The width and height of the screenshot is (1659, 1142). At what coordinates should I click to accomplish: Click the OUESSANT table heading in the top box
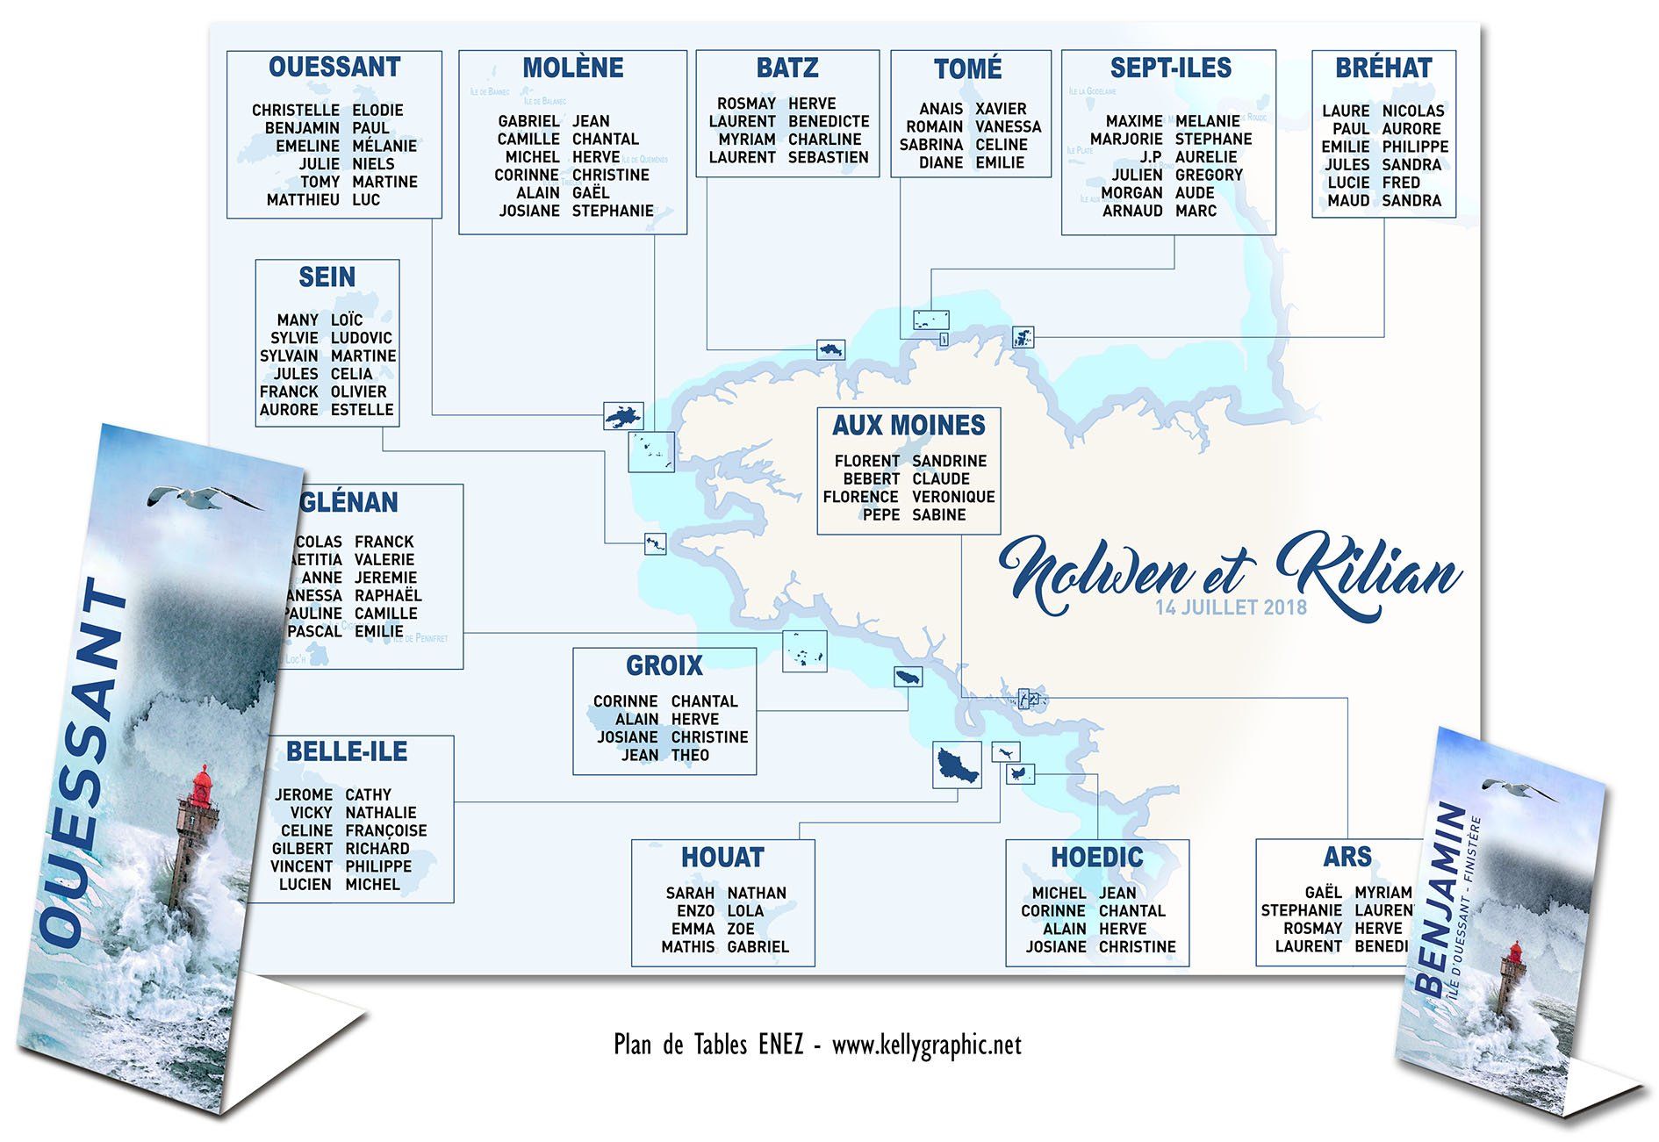click(x=334, y=68)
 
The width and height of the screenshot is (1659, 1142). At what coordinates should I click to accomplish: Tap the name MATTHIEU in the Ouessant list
click(x=303, y=200)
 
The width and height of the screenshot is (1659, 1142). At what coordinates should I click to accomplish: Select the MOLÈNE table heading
click(x=572, y=68)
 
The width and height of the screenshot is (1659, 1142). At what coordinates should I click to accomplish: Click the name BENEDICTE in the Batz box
click(x=829, y=122)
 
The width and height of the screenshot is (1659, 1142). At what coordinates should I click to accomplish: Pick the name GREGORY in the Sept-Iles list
click(x=1209, y=176)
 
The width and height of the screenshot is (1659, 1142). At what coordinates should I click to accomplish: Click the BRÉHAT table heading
click(x=1383, y=68)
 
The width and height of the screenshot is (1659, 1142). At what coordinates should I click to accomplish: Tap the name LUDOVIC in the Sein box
click(x=362, y=338)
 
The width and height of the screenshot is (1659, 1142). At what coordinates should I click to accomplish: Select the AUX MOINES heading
click(x=908, y=426)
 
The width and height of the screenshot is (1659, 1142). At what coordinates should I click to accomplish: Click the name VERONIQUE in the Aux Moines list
click(x=953, y=497)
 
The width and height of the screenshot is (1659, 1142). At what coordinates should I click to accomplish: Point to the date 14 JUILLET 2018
click(x=1231, y=607)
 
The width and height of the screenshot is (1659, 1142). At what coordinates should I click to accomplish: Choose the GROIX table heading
click(x=664, y=666)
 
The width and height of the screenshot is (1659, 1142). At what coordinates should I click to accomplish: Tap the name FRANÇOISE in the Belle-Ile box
click(x=386, y=831)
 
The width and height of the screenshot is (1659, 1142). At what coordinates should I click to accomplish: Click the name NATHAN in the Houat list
click(x=757, y=894)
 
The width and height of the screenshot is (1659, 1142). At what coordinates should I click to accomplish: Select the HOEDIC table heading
click(x=1096, y=858)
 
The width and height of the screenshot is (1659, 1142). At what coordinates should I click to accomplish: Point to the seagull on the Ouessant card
click(x=204, y=499)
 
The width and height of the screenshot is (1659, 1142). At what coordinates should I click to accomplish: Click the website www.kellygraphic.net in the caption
click(x=926, y=1045)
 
